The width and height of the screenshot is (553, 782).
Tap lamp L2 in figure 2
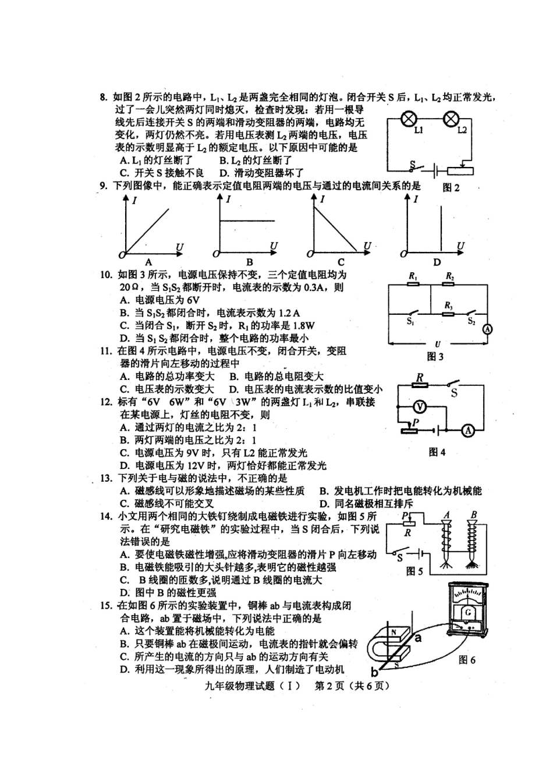click(451, 119)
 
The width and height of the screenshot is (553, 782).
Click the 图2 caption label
click(451, 187)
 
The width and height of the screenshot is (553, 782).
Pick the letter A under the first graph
click(148, 262)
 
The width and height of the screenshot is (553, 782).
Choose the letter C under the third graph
click(341, 262)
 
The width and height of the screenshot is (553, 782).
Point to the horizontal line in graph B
click(247, 221)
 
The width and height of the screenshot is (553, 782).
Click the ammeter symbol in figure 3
click(488, 329)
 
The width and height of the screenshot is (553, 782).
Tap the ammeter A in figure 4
click(467, 431)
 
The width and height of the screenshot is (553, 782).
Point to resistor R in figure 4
click(419, 385)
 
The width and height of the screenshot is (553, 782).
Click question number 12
click(106, 402)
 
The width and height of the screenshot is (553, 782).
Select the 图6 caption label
click(467, 659)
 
